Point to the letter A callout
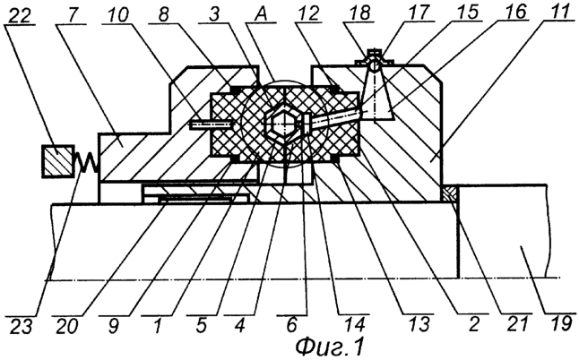pos(261,14)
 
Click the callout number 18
pos(360,13)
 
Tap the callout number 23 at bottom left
pos(21,326)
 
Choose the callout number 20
pos(67,326)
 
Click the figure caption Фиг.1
pos(329,347)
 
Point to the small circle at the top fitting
pos(375,66)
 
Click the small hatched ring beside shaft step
pos(451,194)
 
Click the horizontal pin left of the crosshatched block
pos(210,125)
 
